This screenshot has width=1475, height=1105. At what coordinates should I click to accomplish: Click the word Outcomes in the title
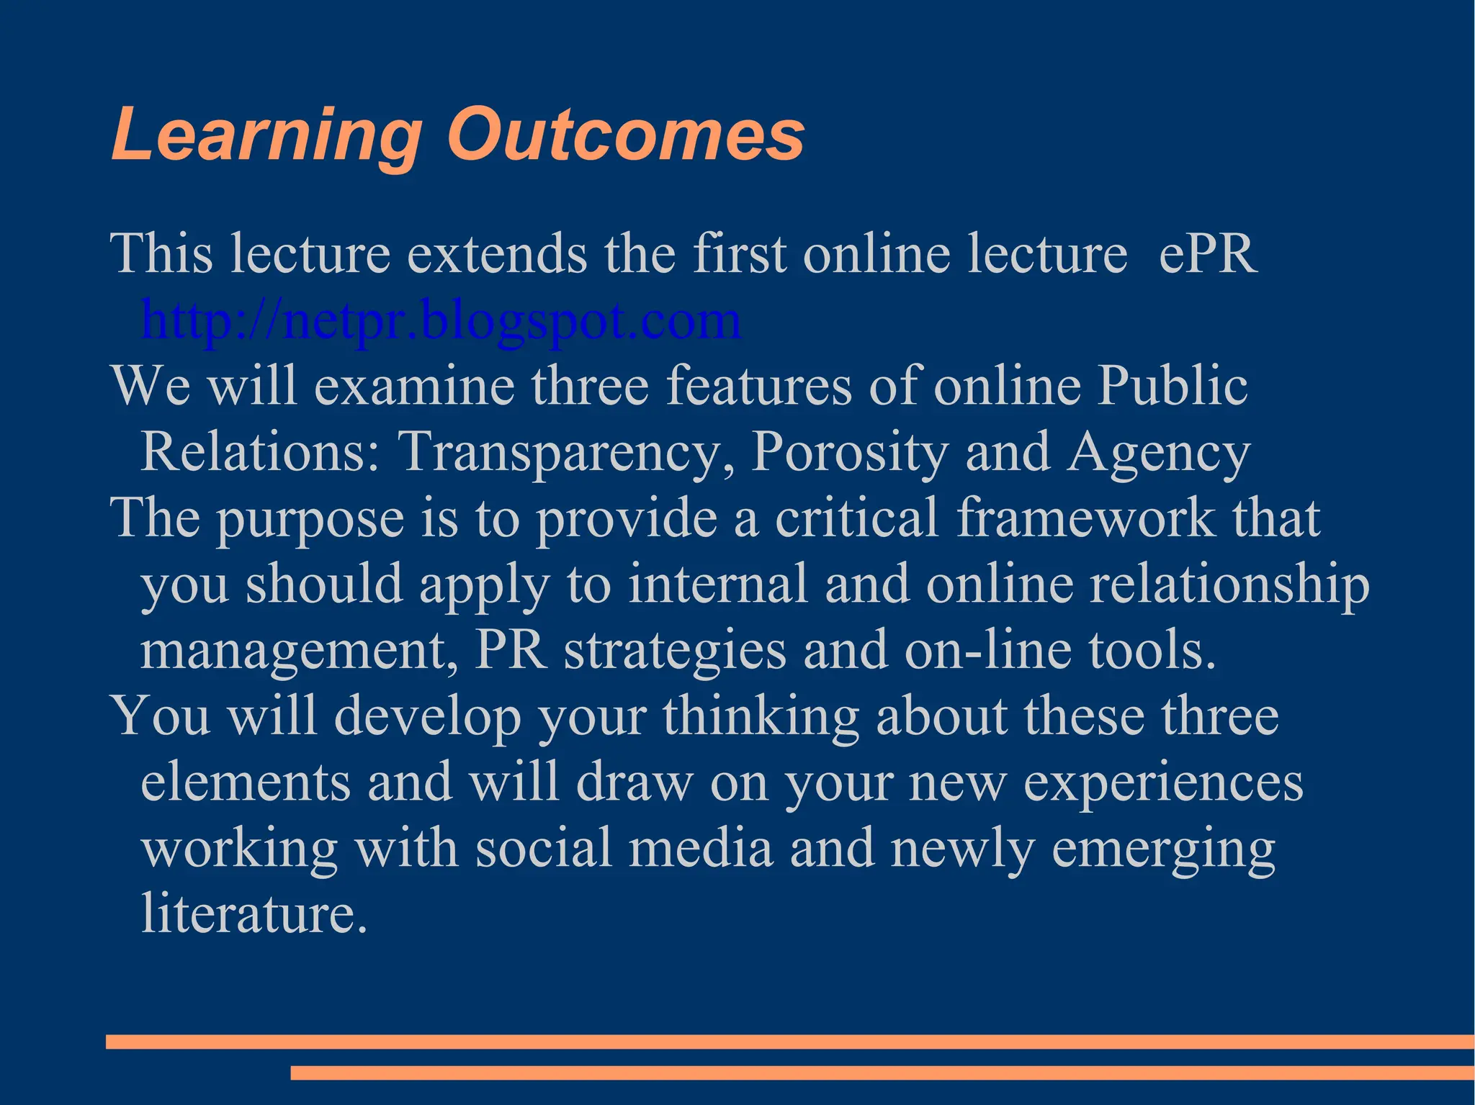[x=625, y=135]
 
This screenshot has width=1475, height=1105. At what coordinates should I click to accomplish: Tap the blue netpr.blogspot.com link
[x=441, y=320]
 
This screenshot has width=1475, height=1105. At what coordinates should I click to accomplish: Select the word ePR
[x=1208, y=253]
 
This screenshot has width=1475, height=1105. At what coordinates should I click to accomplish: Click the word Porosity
[x=849, y=452]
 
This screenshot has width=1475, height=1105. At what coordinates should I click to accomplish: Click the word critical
[x=856, y=518]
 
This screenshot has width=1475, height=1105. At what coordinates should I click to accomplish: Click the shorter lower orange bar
[x=882, y=1073]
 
